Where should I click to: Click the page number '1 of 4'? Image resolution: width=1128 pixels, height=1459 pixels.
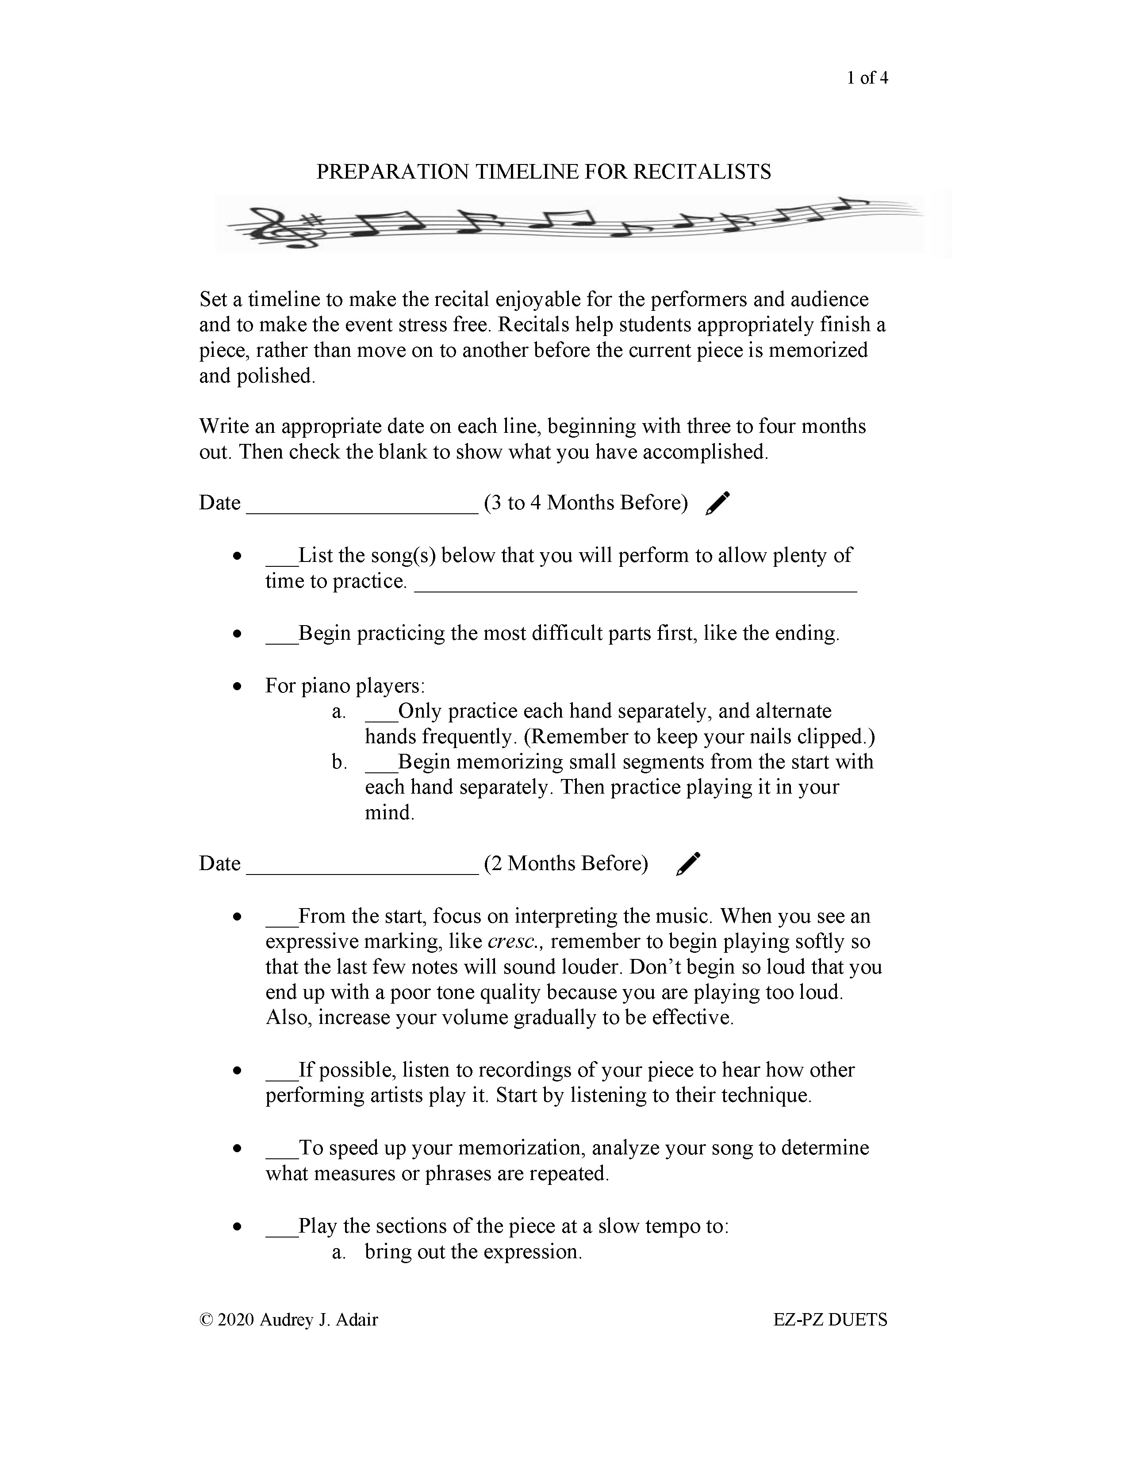[x=867, y=78]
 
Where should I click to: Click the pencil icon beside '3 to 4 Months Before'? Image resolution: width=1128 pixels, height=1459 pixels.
[x=717, y=504]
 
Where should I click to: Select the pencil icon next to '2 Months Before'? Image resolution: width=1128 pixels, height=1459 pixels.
[x=688, y=864]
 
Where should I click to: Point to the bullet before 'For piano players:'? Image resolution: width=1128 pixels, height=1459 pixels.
[x=237, y=687]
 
